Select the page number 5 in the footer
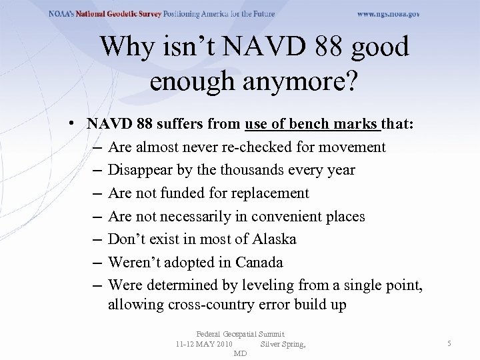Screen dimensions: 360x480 [x=449, y=343]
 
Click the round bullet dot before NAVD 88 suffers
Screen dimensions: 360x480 [x=78, y=124]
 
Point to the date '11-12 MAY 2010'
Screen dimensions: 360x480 [x=203, y=344]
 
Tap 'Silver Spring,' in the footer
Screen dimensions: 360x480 [x=283, y=344]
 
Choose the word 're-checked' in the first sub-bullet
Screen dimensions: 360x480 [x=254, y=147]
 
